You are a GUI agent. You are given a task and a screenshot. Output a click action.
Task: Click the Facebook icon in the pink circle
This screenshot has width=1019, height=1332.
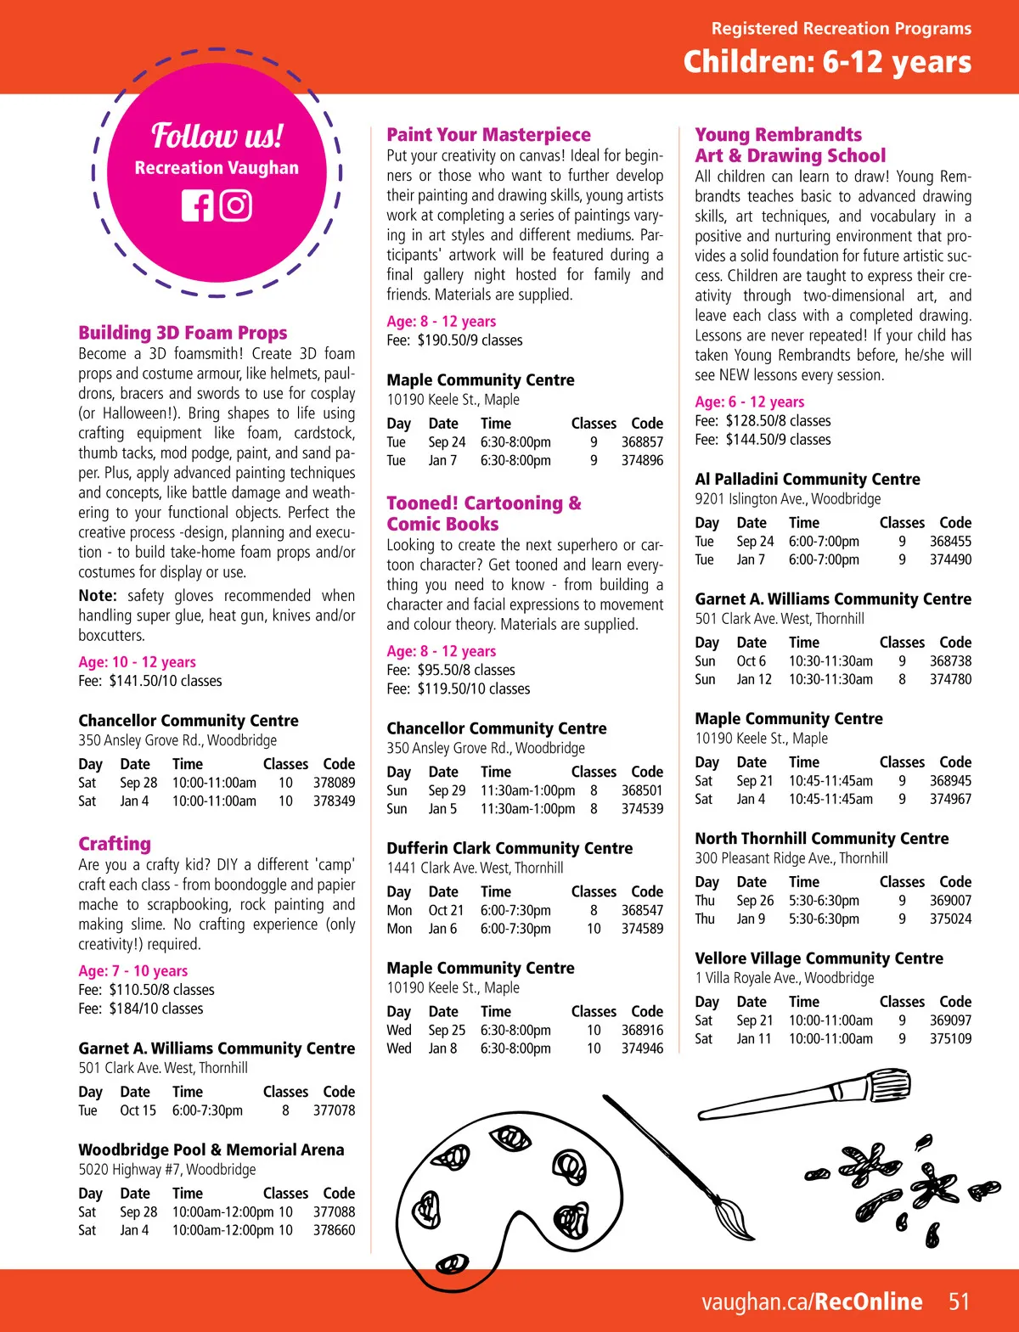[x=197, y=206]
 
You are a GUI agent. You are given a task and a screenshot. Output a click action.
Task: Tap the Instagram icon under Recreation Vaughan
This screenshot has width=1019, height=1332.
[x=236, y=206]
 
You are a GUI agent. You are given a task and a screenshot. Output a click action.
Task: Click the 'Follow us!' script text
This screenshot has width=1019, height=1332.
[x=217, y=136]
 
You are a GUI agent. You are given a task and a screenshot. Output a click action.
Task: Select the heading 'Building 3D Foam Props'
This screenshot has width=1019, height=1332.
[x=183, y=333]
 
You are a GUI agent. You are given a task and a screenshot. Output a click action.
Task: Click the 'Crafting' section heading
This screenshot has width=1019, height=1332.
[x=115, y=844]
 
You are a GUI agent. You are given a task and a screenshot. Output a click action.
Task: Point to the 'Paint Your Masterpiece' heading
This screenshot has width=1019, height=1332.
[x=488, y=134]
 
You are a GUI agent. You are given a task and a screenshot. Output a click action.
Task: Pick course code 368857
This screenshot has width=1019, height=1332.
[x=642, y=442]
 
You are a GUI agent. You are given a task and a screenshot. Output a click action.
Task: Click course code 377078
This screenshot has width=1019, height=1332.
[x=334, y=1110]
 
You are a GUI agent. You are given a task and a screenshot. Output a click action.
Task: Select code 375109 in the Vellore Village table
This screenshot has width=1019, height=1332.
[x=950, y=1039]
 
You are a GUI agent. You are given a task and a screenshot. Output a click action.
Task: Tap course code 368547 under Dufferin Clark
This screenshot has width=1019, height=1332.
[x=642, y=910]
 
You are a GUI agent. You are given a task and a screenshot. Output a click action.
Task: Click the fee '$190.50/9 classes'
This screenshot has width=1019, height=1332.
[x=470, y=340]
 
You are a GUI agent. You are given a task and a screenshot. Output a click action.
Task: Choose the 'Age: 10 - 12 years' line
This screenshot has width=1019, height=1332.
[x=137, y=662]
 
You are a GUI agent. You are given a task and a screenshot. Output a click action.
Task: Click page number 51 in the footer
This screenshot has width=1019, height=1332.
[x=959, y=1301]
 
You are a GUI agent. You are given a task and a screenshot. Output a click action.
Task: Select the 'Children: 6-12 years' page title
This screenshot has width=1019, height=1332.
[x=827, y=62]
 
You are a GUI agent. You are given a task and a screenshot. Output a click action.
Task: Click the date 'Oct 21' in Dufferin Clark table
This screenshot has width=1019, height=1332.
[x=446, y=910]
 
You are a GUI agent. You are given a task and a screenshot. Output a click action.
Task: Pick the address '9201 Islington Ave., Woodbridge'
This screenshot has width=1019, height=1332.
[x=787, y=499]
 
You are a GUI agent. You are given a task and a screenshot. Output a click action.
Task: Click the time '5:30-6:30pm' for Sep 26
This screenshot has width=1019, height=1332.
[x=824, y=901]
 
